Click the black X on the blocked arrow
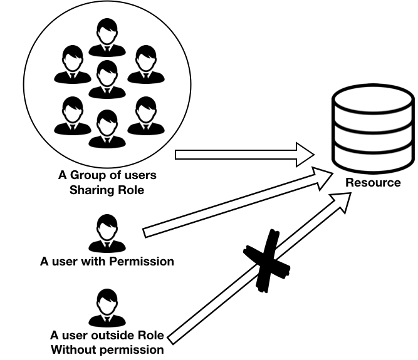[x=266, y=261]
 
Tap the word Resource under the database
[x=373, y=183]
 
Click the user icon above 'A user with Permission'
[x=107, y=234]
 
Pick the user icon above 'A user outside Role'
[x=107, y=308]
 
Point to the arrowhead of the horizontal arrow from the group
[x=305, y=155]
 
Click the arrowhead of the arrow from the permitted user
[x=323, y=178]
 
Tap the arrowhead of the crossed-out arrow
[x=342, y=202]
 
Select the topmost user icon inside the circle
[x=107, y=38]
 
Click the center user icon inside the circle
[x=107, y=79]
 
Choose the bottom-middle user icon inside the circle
[x=107, y=128]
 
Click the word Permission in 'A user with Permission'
[x=142, y=262]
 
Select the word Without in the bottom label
[x=71, y=349]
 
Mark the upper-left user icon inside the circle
[x=73, y=64]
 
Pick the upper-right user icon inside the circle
[x=146, y=64]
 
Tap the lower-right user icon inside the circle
[x=146, y=116]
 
